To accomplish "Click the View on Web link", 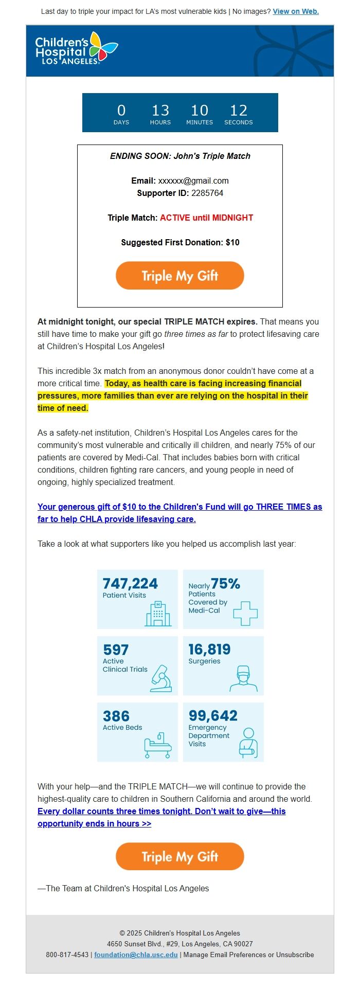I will pos(296,11).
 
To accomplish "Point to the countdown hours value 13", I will pos(160,111).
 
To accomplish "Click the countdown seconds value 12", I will pos(238,111).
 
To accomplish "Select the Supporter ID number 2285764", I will pos(207,193).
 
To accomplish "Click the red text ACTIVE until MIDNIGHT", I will pos(206,218).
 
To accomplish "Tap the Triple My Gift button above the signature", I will pos(179,856).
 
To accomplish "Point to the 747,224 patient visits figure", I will pos(130,584).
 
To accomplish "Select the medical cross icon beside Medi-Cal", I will pos(245,613).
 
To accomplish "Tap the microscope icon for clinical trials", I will pos(161,678).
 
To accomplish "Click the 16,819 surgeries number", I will pos(209,650).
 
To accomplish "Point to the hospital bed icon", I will pos(157,745).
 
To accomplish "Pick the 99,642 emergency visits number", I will pos(213,716).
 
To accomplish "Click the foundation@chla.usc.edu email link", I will pos(136,955).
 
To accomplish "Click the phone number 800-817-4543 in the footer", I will pos(67,955).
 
